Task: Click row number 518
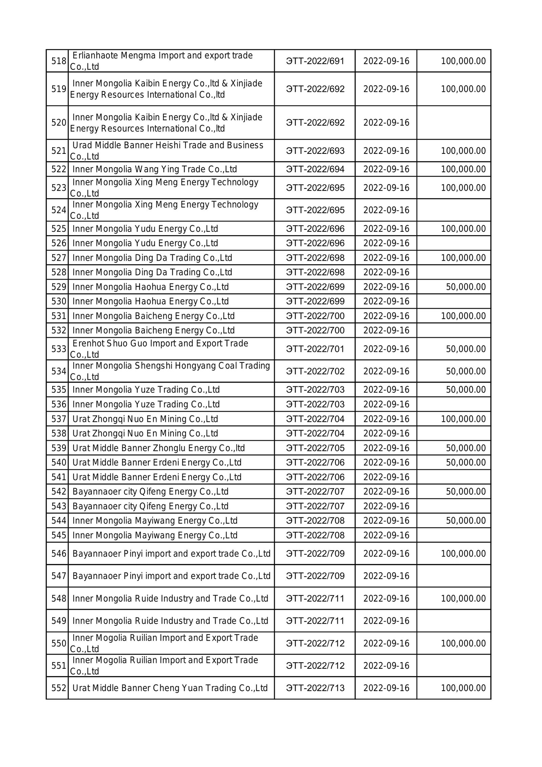(59, 61)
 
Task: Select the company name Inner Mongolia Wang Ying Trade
(154, 169)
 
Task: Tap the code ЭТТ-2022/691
(315, 61)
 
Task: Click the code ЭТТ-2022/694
(315, 169)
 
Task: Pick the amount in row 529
(466, 287)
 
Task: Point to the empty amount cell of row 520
(454, 122)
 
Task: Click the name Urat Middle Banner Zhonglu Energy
(158, 448)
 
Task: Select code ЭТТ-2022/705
(315, 448)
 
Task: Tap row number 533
(59, 349)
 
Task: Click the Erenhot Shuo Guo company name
(160, 349)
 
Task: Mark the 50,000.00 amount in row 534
(466, 371)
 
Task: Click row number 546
(59, 553)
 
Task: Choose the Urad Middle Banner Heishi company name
(167, 150)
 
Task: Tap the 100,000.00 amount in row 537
(463, 419)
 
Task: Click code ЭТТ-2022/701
(315, 349)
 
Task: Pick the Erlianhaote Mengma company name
(162, 61)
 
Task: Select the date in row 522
(386, 169)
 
